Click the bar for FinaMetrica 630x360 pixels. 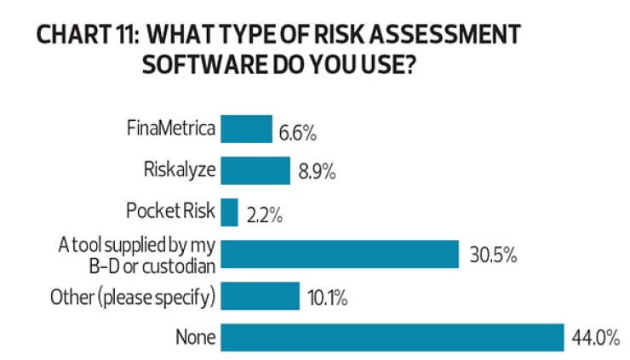(246, 129)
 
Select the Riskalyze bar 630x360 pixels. (255, 170)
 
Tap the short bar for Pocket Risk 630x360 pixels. (229, 211)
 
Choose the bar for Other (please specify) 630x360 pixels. (260, 296)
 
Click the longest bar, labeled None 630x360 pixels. (392, 337)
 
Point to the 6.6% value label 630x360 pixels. (297, 132)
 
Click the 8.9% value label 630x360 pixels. (316, 172)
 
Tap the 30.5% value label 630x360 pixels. (493, 254)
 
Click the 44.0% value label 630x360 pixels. (595, 338)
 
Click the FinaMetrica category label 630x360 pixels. (171, 130)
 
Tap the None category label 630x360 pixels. (196, 338)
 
